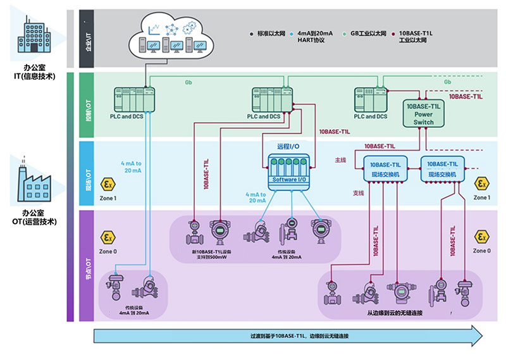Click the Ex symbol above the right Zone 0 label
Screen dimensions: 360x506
(482, 237)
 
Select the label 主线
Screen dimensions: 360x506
(341, 161)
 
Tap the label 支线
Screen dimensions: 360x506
(341, 192)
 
